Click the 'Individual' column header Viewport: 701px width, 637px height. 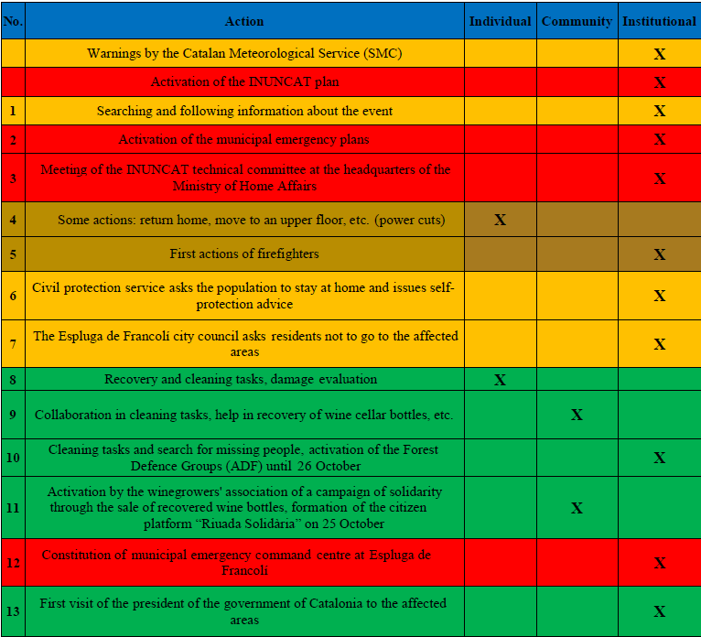click(x=500, y=21)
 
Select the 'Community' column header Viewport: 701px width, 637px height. click(x=577, y=21)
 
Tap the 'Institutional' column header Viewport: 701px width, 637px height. click(x=659, y=21)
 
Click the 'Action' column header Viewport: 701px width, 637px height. click(x=244, y=21)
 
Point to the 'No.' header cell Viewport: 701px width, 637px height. click(x=13, y=21)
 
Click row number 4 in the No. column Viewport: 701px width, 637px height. click(x=13, y=220)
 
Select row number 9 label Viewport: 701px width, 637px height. click(x=13, y=415)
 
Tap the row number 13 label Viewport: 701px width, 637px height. click(x=13, y=611)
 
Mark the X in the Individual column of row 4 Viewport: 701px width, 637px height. click(x=500, y=220)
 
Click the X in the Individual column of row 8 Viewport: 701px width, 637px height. click(x=500, y=379)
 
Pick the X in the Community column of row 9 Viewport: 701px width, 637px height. click(x=577, y=415)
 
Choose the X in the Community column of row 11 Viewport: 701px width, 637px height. click(x=577, y=508)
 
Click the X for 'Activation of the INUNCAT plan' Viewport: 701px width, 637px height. click(x=659, y=82)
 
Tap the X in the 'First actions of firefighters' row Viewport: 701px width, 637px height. click(x=659, y=254)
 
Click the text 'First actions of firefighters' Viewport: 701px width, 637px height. click(x=244, y=254)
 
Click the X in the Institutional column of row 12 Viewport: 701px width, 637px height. click(x=659, y=563)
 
